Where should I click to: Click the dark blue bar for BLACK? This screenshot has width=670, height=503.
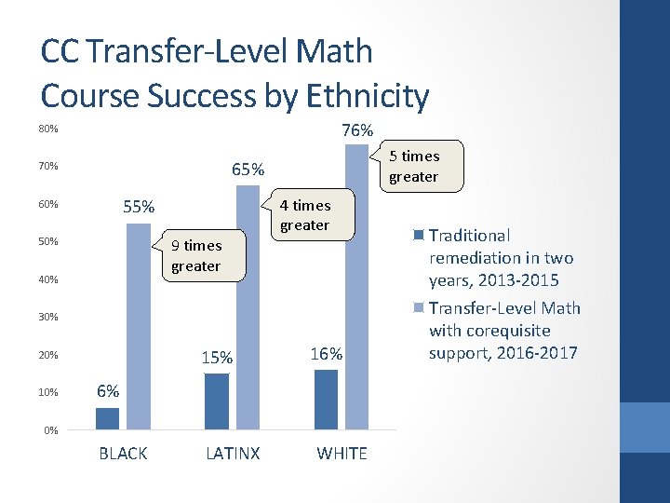(x=107, y=418)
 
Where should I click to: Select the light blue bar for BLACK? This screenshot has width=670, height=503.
(x=138, y=326)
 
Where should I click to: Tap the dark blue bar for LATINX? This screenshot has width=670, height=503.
(x=216, y=401)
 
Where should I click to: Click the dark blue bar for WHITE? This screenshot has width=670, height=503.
(x=326, y=400)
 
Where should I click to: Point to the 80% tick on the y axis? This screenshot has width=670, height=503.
(x=48, y=129)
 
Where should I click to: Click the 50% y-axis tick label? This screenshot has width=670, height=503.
(x=48, y=242)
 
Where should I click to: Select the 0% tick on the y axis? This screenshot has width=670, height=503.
(x=51, y=430)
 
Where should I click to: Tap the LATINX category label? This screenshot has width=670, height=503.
(x=233, y=454)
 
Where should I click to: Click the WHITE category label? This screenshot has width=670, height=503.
(x=342, y=454)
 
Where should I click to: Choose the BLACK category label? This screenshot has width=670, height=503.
(x=123, y=454)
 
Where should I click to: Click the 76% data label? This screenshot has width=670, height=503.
(x=357, y=130)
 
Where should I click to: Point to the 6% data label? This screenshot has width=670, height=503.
(x=109, y=392)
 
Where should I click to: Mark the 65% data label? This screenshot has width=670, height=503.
(x=248, y=170)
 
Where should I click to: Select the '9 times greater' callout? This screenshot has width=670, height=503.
(x=196, y=255)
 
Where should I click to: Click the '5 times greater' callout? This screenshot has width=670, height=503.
(x=413, y=166)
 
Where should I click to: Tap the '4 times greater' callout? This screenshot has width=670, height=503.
(x=305, y=215)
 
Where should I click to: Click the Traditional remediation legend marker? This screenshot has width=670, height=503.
(x=420, y=235)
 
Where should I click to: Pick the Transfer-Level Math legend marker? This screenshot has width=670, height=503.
(x=420, y=307)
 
